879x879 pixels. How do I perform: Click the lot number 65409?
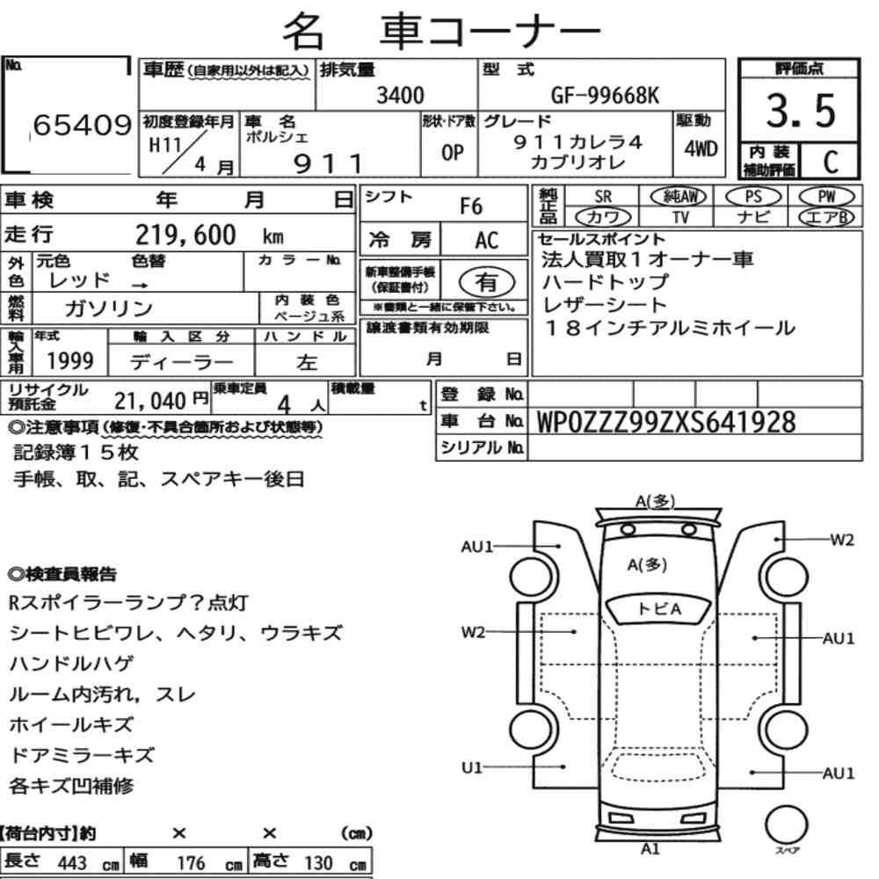click(83, 125)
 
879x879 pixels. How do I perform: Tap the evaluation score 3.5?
click(801, 111)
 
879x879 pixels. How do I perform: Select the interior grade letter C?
click(831, 162)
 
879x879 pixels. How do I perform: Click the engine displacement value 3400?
click(400, 95)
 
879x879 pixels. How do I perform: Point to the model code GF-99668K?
click(605, 96)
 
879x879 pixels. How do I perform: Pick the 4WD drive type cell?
click(701, 149)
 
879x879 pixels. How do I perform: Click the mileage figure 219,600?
click(185, 235)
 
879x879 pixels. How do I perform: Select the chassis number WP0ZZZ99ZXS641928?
click(666, 422)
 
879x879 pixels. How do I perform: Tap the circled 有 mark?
click(487, 282)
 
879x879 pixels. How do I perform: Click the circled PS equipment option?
click(753, 197)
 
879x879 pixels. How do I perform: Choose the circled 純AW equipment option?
click(679, 196)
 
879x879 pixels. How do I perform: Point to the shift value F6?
click(471, 207)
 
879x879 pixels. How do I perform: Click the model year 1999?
click(70, 361)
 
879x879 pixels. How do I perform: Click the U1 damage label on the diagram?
click(472, 767)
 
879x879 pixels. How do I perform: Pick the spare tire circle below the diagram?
click(786, 825)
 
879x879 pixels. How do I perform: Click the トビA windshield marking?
click(659, 609)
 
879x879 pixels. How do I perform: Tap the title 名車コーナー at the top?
click(442, 30)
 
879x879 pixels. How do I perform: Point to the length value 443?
click(72, 863)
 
